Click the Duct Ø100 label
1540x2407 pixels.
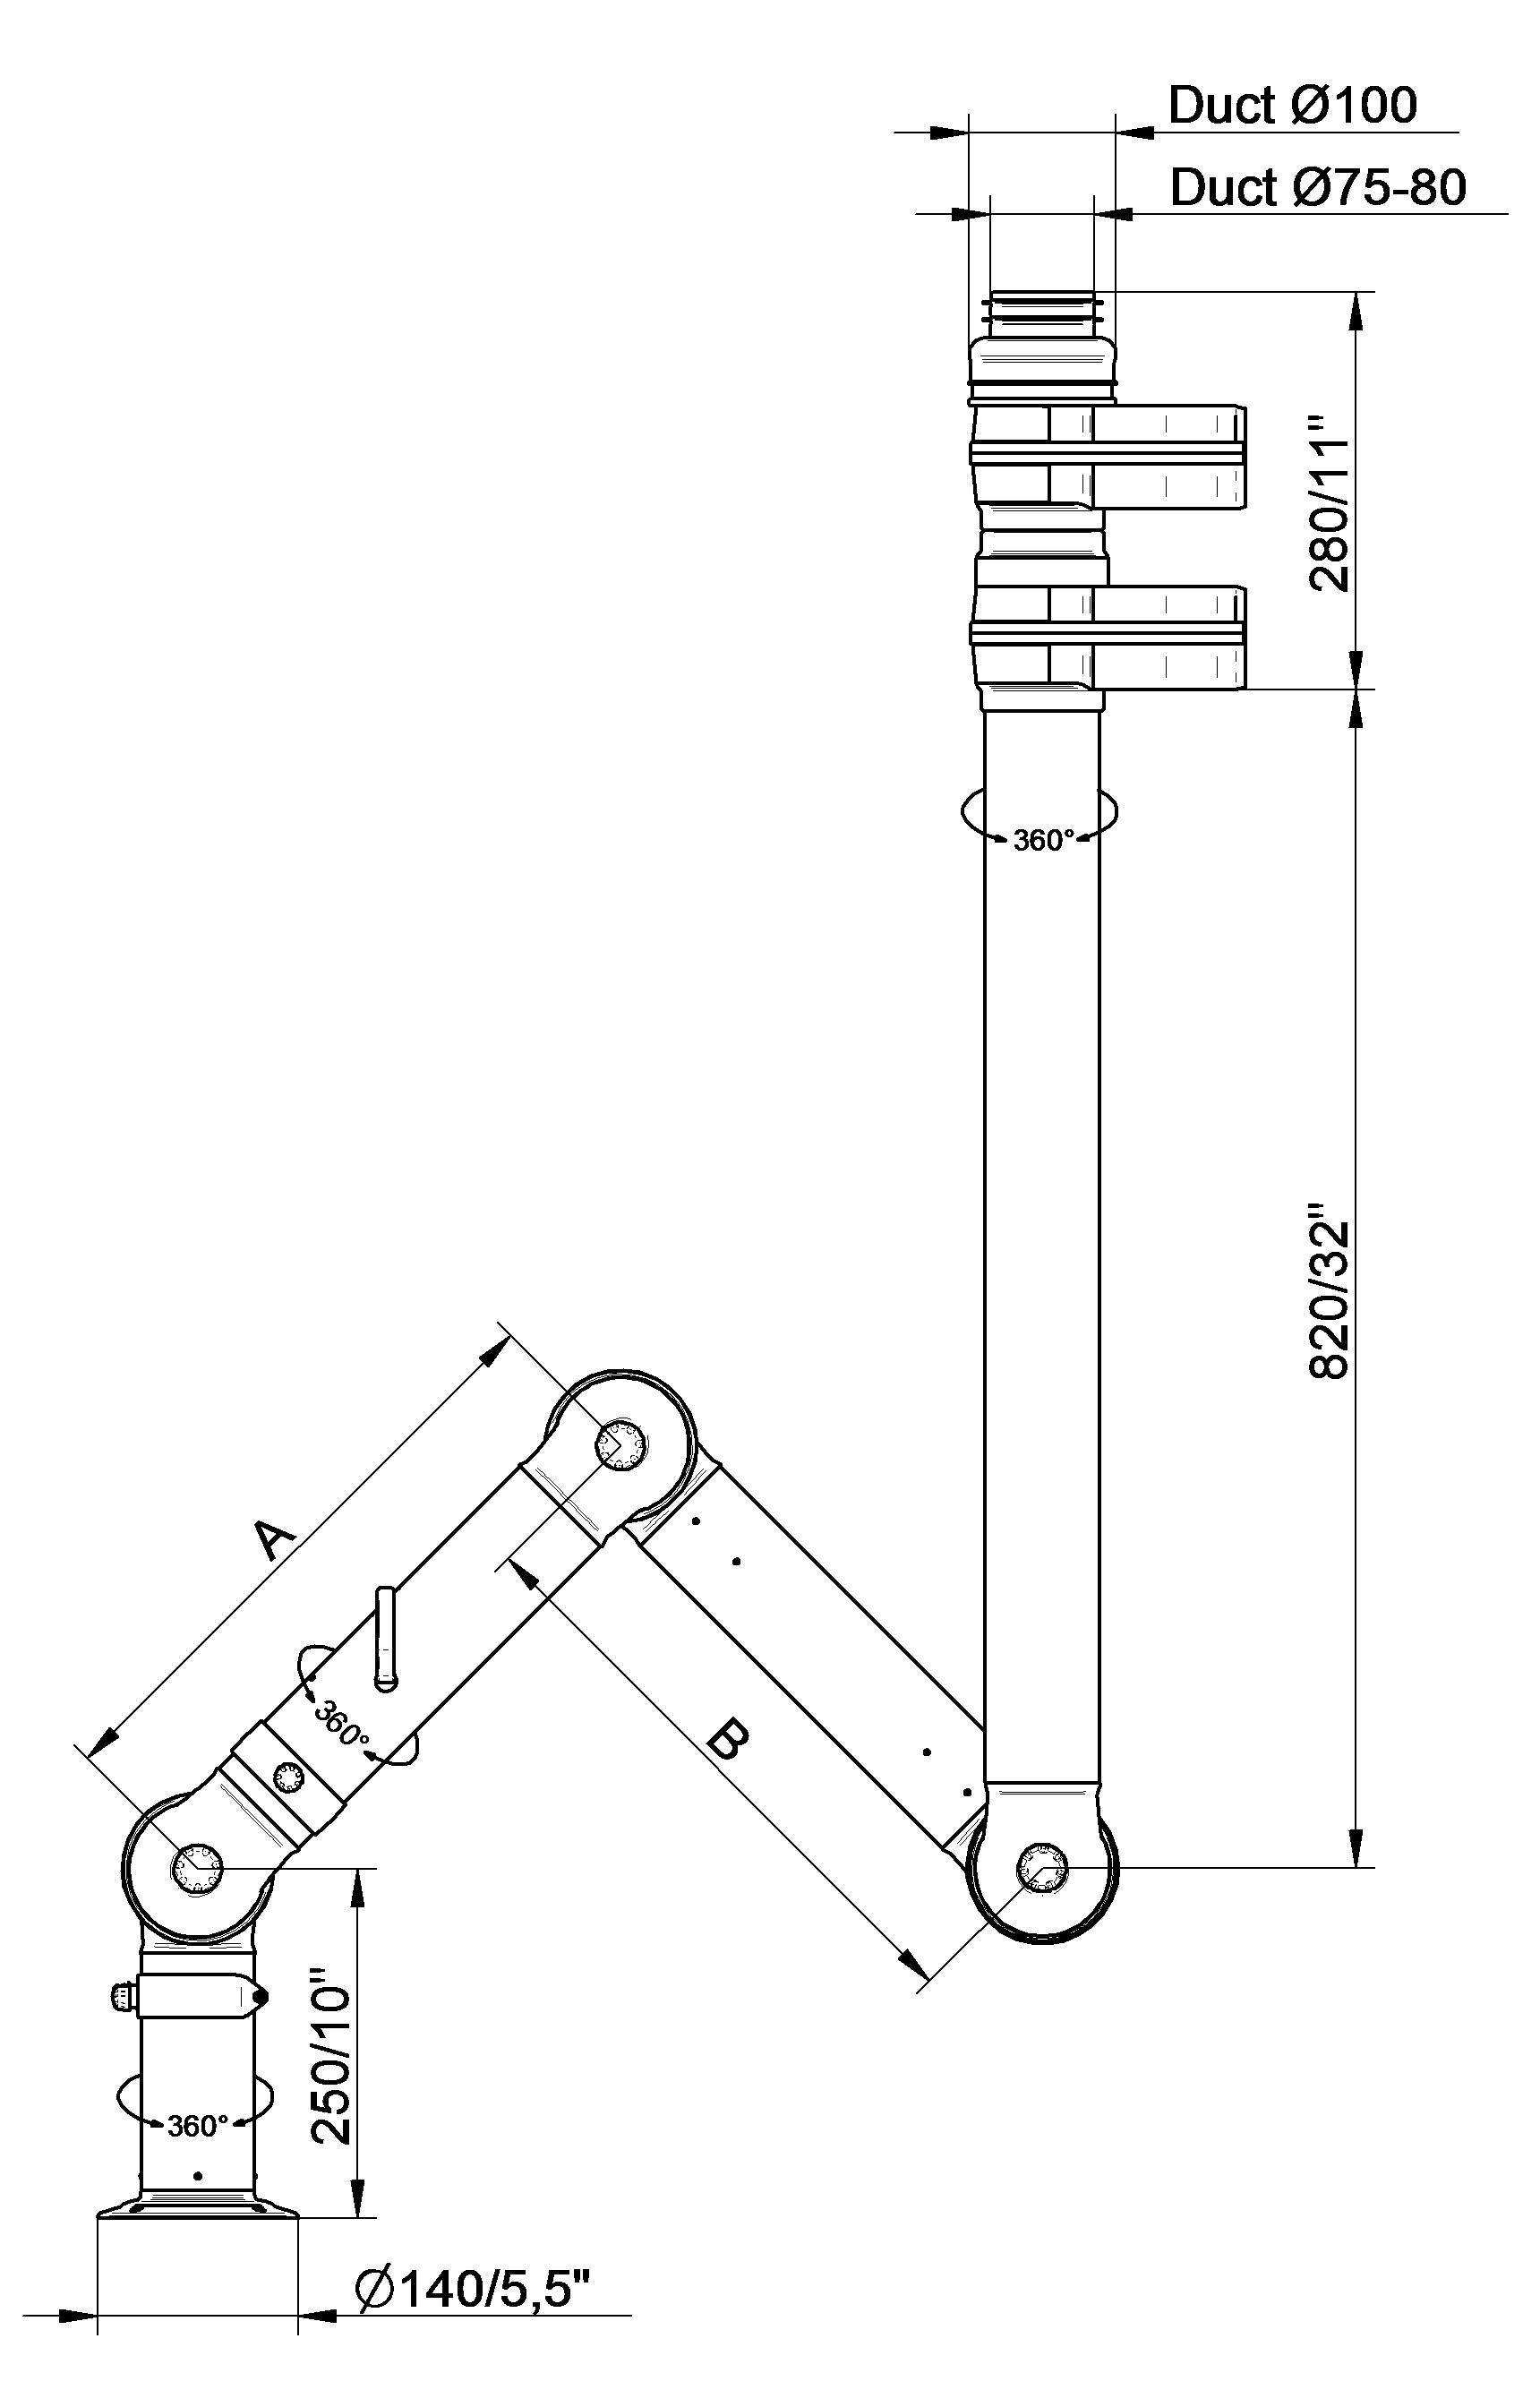tap(1292, 105)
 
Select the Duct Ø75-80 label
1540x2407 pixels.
tap(1318, 187)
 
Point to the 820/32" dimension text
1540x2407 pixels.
tap(1330, 1300)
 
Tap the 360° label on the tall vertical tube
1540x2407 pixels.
tap(1043, 841)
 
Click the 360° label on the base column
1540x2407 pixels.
tap(198, 2126)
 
